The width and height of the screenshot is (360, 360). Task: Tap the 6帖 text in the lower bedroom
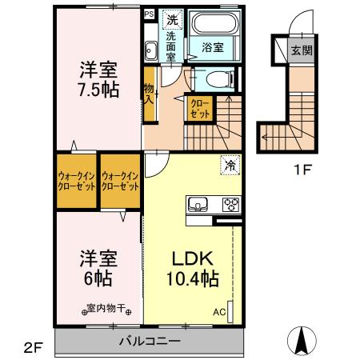(99, 279)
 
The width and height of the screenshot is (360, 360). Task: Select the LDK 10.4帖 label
(190, 270)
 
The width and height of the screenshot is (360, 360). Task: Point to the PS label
(149, 14)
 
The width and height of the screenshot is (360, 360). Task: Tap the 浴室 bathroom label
(212, 47)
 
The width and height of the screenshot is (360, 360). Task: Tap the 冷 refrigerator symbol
(229, 166)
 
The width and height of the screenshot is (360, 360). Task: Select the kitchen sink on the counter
(198, 203)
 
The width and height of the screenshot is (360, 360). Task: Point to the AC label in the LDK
(218, 312)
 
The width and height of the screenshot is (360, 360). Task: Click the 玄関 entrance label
(301, 50)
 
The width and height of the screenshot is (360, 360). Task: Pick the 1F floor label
(300, 170)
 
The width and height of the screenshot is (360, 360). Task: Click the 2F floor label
(32, 346)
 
